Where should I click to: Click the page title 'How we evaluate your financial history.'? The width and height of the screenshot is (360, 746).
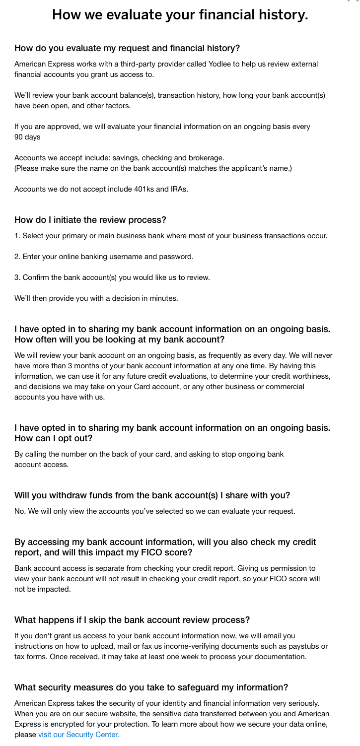point(180,15)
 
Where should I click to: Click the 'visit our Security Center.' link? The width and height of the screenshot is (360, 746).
point(78,734)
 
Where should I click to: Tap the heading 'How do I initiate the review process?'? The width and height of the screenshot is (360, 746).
point(90,219)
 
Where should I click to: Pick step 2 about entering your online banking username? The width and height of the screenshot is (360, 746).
point(104,257)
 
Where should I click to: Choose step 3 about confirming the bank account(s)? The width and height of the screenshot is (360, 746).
point(112,277)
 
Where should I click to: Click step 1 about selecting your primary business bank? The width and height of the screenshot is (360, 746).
point(171,236)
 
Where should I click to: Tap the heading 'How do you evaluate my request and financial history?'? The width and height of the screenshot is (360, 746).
point(127,48)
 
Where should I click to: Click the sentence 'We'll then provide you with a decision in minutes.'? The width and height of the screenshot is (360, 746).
point(96,298)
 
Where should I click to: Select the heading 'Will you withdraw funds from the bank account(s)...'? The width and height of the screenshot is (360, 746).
point(152,495)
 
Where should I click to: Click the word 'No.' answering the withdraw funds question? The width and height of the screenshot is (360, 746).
point(20,511)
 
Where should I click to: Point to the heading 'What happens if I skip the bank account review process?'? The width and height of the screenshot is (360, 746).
point(132,619)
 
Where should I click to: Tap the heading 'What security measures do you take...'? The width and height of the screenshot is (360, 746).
point(151,687)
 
